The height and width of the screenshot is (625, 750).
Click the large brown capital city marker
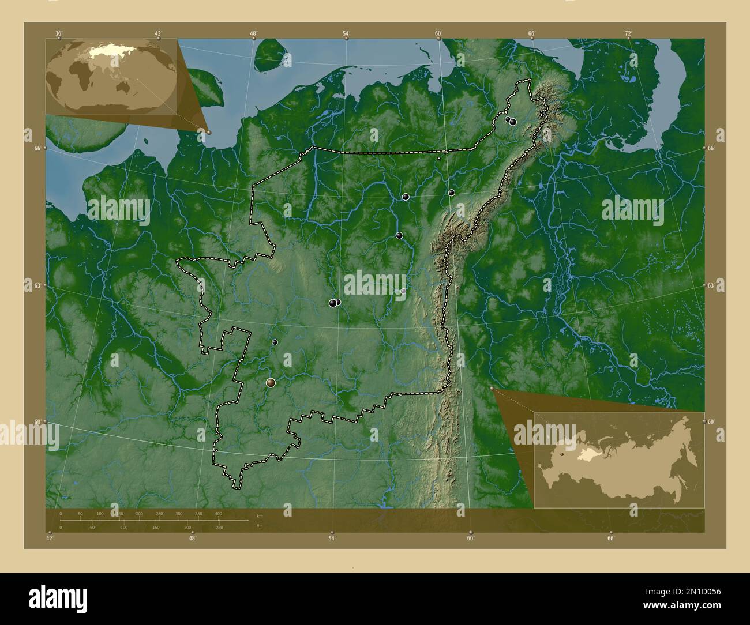[271, 382]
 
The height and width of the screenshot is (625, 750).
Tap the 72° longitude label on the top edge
[628, 33]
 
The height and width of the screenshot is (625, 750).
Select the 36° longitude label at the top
[58, 33]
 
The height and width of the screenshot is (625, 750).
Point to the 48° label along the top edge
[253, 33]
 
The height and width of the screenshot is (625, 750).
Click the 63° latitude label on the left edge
[37, 285]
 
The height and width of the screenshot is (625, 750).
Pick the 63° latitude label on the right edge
[711, 285]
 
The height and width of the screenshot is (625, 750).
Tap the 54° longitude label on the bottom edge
[332, 539]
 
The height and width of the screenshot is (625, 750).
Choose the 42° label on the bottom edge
[50, 539]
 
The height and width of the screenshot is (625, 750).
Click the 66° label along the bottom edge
[611, 539]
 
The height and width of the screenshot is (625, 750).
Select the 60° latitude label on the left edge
[37, 422]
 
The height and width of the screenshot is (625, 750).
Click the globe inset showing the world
[111, 76]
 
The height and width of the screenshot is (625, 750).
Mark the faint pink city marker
[403, 292]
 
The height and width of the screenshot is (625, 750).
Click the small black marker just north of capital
[275, 342]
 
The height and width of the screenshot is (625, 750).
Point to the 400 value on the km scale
[218, 513]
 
